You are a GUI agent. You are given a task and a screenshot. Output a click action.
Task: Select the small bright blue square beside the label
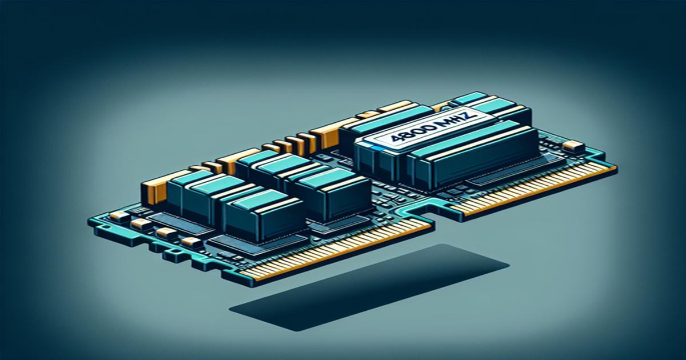[373, 147]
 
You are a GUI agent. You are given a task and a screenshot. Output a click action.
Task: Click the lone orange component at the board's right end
[570, 146]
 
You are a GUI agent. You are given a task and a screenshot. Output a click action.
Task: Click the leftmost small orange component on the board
[118, 216]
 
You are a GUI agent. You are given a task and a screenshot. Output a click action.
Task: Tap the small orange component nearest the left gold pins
[166, 233]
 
